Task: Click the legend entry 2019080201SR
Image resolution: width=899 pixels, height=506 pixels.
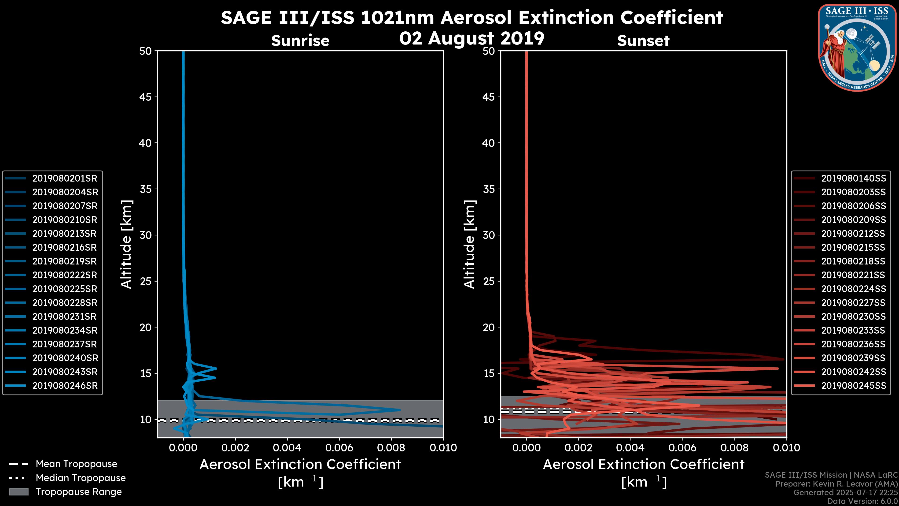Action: coord(65,179)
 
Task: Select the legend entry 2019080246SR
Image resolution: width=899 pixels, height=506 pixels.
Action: coord(65,386)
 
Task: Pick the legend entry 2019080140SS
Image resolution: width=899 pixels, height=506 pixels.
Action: coord(853,179)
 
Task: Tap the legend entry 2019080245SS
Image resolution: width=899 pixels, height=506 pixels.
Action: coord(853,386)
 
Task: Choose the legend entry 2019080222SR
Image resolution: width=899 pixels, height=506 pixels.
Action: coord(65,275)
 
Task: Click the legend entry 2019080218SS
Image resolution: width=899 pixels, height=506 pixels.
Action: coord(853,261)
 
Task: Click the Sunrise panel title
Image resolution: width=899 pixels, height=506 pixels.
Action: coord(300,41)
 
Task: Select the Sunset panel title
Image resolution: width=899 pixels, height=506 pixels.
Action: coord(643,41)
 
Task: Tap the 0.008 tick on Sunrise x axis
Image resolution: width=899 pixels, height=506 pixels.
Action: coord(391,448)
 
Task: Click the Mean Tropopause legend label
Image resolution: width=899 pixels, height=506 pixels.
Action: coord(76,464)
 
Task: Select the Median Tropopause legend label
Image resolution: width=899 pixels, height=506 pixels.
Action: coord(81,478)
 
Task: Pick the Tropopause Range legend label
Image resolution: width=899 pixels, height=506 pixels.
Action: coord(78,492)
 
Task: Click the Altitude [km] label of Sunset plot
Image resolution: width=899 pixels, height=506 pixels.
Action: coord(470,244)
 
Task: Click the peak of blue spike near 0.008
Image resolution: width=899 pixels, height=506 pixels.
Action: coord(400,410)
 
